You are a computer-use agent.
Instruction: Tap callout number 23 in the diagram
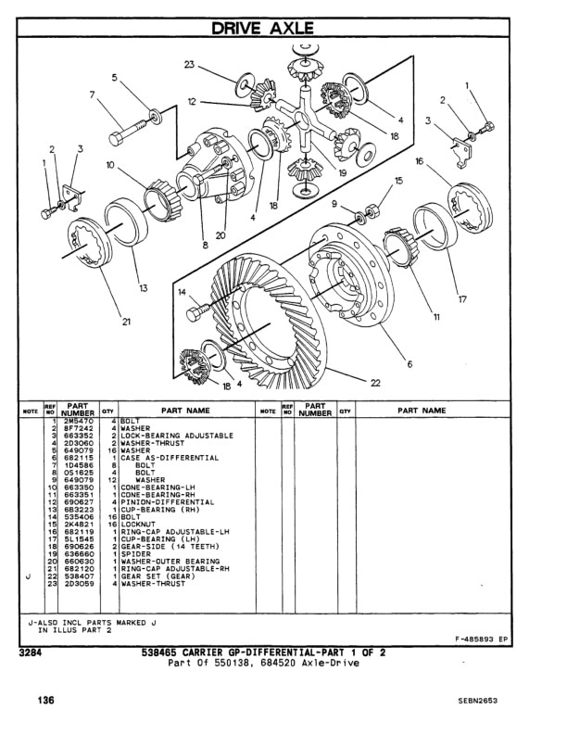pyautogui.click(x=189, y=65)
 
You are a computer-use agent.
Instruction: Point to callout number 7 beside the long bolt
pyautogui.click(x=93, y=95)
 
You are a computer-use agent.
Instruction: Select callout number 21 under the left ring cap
pyautogui.click(x=125, y=323)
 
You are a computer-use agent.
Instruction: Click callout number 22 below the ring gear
pyautogui.click(x=375, y=383)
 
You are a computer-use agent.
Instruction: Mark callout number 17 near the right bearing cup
pyautogui.click(x=461, y=298)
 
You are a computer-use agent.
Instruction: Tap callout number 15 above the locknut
pyautogui.click(x=399, y=181)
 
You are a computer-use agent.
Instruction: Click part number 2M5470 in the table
pyautogui.click(x=78, y=421)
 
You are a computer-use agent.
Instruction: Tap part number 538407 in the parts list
pyautogui.click(x=78, y=576)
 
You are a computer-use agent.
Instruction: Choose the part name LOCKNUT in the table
pyautogui.click(x=141, y=525)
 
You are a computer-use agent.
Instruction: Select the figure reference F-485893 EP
pyautogui.click(x=481, y=639)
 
